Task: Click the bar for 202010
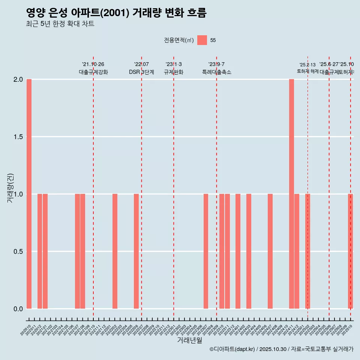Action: pyautogui.click(x=29, y=194)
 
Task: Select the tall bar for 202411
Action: pyautogui.click(x=291, y=194)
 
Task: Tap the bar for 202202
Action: pyautogui.click(x=115, y=251)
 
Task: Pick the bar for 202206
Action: pyautogui.click(x=136, y=251)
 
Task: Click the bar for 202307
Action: pyautogui.click(x=206, y=251)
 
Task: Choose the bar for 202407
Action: pyautogui.click(x=270, y=251)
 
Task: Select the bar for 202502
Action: pyautogui.click(x=307, y=251)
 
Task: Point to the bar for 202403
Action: pyautogui.click(x=249, y=251)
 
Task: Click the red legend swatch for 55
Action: pyautogui.click(x=202, y=40)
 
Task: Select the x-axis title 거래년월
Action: pyautogui.click(x=189, y=340)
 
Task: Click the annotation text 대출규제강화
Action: pyautogui.click(x=93, y=72)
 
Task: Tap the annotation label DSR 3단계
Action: pyautogui.click(x=141, y=72)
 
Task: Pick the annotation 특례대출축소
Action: pyautogui.click(x=217, y=72)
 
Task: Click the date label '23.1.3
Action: pyautogui.click(x=174, y=64)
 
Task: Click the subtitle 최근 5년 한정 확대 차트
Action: pyautogui.click(x=60, y=24)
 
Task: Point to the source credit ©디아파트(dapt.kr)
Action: pyautogui.click(x=232, y=349)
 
